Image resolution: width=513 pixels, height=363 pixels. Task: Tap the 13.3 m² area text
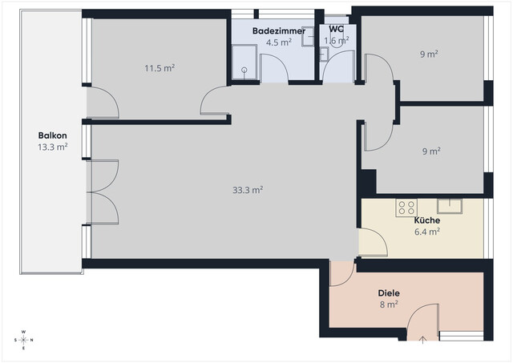[x=52, y=147]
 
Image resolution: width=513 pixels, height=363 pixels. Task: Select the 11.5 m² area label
[x=160, y=68]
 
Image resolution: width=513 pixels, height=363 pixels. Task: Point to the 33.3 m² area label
[x=248, y=190]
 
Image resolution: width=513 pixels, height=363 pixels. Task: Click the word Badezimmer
[x=277, y=30]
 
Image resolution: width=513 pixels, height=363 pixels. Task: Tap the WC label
[x=337, y=29]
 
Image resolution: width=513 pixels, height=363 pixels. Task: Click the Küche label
[x=426, y=220]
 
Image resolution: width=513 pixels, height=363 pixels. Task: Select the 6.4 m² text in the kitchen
[x=426, y=232]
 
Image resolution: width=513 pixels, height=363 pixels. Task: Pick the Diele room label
[x=390, y=292]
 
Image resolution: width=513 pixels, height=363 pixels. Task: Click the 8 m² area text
[x=389, y=305]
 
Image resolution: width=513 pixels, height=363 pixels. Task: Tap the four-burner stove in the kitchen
[x=406, y=208]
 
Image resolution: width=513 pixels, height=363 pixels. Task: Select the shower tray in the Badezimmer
[x=244, y=63]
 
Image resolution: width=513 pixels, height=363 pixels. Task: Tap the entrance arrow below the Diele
[x=422, y=340]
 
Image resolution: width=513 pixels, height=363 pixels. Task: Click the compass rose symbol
[x=24, y=339]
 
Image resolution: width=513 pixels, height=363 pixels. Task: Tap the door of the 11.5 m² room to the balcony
[x=103, y=102]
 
